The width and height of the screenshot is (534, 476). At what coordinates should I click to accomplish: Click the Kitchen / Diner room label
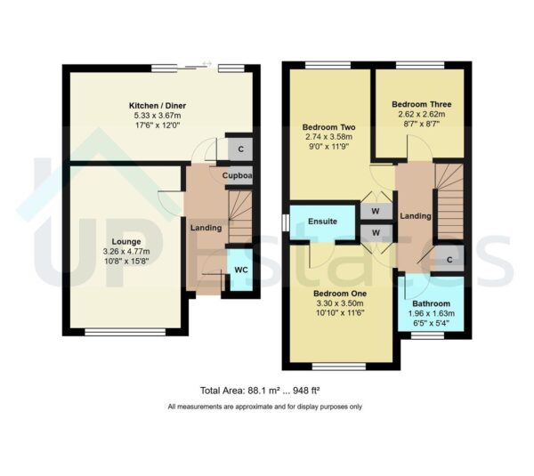(158, 106)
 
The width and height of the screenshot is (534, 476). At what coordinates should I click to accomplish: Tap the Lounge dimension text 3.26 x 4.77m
(126, 252)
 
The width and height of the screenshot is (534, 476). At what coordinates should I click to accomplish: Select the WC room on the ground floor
(240, 270)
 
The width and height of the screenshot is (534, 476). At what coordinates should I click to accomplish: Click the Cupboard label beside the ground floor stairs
(238, 175)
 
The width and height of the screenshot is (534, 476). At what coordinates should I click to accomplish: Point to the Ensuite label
(322, 222)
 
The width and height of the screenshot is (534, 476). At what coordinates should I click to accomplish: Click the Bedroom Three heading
(421, 104)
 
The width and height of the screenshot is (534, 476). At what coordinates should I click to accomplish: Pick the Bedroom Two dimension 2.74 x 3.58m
(329, 137)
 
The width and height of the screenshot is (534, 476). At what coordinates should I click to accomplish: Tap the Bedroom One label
(340, 294)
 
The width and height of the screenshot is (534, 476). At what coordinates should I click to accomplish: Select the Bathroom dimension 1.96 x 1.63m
(431, 313)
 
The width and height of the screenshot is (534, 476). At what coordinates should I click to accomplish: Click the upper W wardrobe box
(376, 211)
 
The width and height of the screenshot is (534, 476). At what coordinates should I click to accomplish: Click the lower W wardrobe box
(376, 233)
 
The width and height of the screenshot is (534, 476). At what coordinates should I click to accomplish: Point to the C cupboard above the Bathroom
(449, 260)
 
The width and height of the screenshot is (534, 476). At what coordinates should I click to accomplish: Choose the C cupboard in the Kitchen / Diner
(241, 149)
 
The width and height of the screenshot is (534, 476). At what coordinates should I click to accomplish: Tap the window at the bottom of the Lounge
(125, 332)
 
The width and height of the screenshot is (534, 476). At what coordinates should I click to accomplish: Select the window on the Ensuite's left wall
(286, 222)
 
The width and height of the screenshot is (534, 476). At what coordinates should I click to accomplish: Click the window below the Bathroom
(427, 335)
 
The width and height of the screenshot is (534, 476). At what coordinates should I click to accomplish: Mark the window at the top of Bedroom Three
(420, 65)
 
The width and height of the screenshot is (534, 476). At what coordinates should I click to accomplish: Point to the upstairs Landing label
(415, 216)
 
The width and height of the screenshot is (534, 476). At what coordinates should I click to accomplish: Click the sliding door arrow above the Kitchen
(207, 63)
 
